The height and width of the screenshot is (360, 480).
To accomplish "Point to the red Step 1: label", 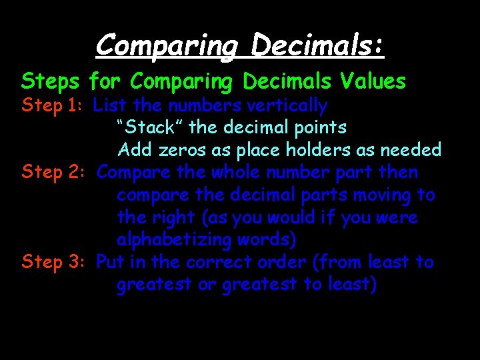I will point(53,105).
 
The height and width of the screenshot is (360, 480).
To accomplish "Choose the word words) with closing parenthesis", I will point(273,240).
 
